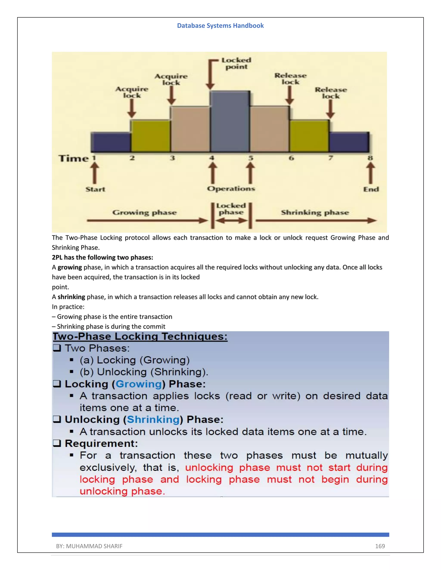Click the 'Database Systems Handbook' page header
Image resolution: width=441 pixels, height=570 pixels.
(220, 26)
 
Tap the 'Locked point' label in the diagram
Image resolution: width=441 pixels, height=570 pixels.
(236, 63)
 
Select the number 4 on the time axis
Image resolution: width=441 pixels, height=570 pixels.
(212, 158)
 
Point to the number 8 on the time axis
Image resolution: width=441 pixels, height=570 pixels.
(370, 158)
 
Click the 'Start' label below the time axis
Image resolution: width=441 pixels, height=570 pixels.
(95, 189)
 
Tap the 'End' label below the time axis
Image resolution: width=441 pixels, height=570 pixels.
(371, 189)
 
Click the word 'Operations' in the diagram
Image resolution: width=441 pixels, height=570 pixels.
(231, 189)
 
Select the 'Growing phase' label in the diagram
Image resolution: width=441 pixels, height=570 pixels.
(144, 213)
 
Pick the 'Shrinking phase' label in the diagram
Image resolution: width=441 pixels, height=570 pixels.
(315, 213)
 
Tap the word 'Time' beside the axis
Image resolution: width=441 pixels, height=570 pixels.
(74, 159)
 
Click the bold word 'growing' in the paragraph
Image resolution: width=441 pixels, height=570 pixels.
(70, 267)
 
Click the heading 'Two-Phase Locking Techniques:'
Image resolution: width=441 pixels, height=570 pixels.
(140, 336)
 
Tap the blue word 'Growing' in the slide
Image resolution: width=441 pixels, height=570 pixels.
(139, 384)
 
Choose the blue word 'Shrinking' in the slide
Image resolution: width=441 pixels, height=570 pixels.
(153, 419)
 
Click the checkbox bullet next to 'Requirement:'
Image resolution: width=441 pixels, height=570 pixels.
(57, 443)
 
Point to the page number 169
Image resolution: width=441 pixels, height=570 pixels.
(380, 546)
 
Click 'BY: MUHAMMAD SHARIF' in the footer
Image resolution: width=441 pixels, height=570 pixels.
(89, 546)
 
